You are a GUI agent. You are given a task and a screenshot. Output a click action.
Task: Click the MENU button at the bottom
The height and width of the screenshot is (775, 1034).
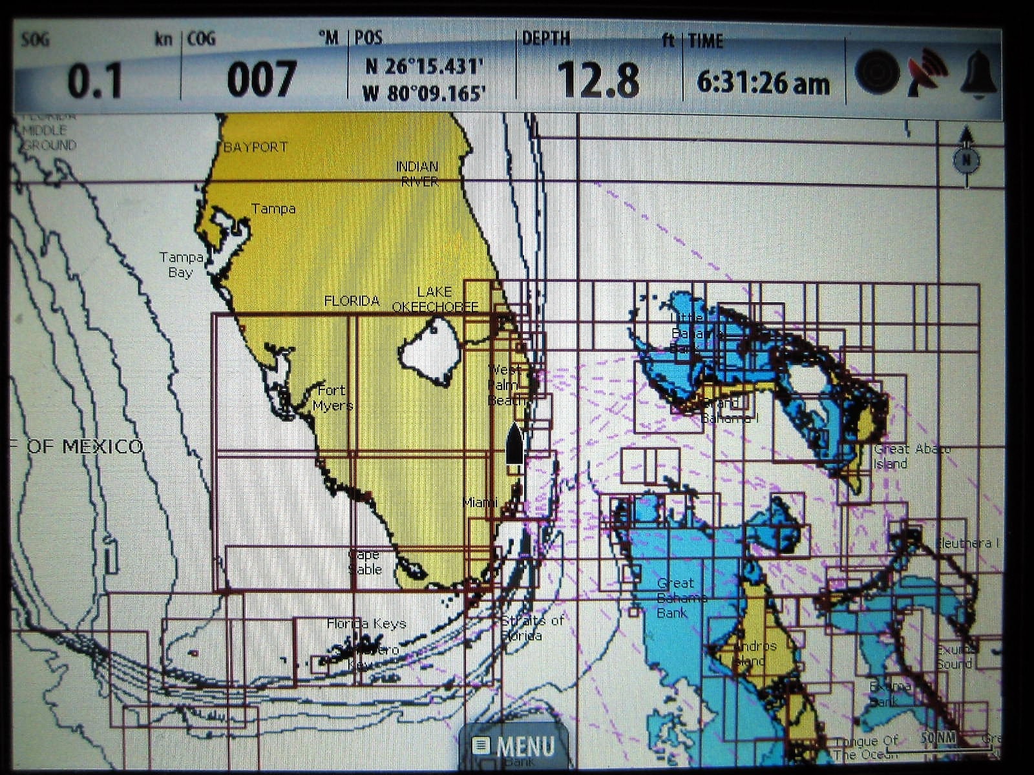point(515,746)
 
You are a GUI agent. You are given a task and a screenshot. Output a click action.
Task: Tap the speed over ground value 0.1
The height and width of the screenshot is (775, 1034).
point(94,81)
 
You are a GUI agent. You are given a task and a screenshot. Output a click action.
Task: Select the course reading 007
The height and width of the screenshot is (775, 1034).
point(261,80)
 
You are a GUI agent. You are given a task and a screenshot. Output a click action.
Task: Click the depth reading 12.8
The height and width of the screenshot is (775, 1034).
point(598,80)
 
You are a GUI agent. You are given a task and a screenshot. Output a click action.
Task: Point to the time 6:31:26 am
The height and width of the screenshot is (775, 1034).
point(763,83)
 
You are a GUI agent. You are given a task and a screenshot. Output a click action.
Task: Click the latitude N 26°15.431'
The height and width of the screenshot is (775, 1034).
point(425,66)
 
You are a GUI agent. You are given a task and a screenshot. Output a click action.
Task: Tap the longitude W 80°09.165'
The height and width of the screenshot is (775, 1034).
point(424,94)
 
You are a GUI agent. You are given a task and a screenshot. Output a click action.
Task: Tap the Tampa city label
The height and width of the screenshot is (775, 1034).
point(273,209)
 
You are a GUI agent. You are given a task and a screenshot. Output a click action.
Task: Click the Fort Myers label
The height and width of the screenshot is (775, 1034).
point(332,398)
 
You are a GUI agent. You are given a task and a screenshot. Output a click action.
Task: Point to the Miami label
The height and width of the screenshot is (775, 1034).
point(480,502)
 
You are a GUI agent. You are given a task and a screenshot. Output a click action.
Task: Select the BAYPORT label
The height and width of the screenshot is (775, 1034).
point(255,147)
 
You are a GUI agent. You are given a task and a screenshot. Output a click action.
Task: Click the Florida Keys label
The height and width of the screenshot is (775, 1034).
point(366,623)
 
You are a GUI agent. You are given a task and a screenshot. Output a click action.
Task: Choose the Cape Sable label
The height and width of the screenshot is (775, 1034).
point(365,562)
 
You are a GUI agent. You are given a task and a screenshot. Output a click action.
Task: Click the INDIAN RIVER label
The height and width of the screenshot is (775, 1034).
point(417,174)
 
